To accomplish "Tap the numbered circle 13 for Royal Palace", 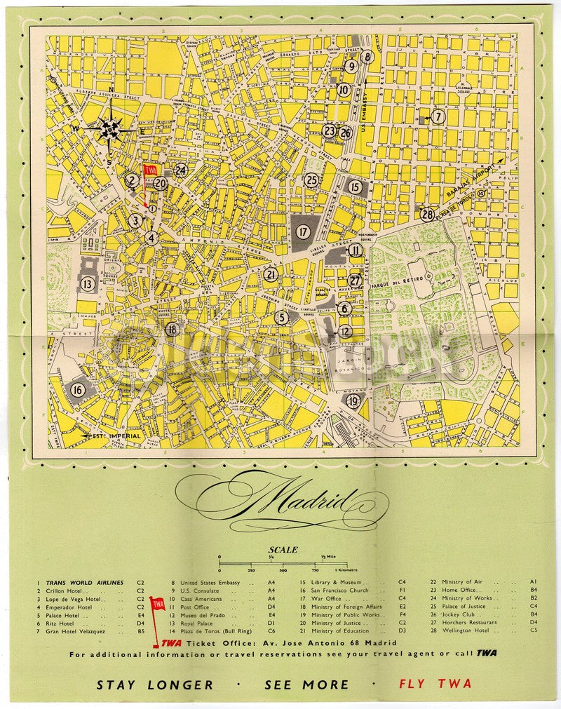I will pos(87,284).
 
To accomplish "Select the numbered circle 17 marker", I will pos(303,231).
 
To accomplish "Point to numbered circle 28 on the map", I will pos(427,215).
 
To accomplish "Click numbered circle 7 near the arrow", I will pos(438,117).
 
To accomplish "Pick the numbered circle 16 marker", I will pos(78,390).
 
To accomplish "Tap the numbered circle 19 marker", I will pos(353,401).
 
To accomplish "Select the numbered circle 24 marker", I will pos(181,170).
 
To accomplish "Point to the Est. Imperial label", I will pos(116,436).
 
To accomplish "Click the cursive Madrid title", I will pos(280,499).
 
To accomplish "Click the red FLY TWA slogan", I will pos(435,684).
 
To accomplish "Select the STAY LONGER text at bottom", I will pos(154,684).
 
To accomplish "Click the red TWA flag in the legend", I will pos(159,604).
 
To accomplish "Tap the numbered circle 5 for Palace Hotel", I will pos(281,318).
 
